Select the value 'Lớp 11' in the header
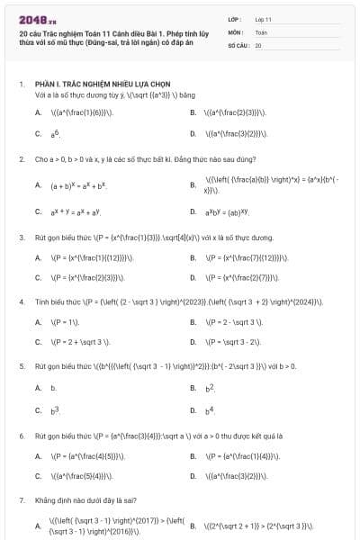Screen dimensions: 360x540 (263, 18)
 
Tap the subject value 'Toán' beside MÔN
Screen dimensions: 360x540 (261, 31)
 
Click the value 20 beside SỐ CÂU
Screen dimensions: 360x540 (258, 44)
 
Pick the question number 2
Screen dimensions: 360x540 (21, 158)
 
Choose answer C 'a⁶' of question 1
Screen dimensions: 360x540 (54, 133)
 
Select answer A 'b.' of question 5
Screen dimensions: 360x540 (53, 388)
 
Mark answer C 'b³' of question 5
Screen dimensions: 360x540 (54, 410)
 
